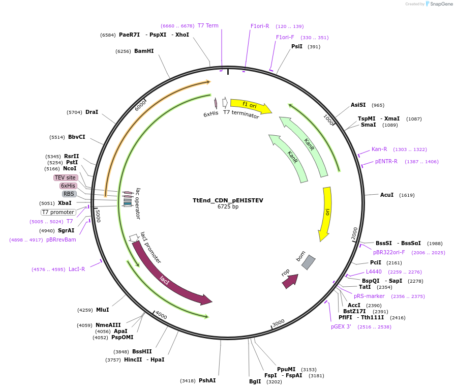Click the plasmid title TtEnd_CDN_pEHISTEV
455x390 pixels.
point(228,200)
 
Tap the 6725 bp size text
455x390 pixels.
point(228,207)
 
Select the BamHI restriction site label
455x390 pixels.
point(144,51)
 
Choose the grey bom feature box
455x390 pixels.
point(308,262)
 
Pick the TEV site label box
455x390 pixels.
point(66,177)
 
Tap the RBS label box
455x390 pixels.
point(69,194)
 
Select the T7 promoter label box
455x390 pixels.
point(58,212)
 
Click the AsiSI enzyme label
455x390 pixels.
point(358,105)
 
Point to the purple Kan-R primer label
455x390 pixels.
point(379,149)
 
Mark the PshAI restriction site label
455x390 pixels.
point(207,380)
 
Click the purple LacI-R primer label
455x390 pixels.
point(77,269)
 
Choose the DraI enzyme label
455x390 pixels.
point(92,112)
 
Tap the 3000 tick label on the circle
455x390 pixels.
point(278,323)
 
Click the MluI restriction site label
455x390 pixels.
point(103,310)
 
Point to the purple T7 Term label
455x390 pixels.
point(208,25)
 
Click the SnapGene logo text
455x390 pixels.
point(440,4)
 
